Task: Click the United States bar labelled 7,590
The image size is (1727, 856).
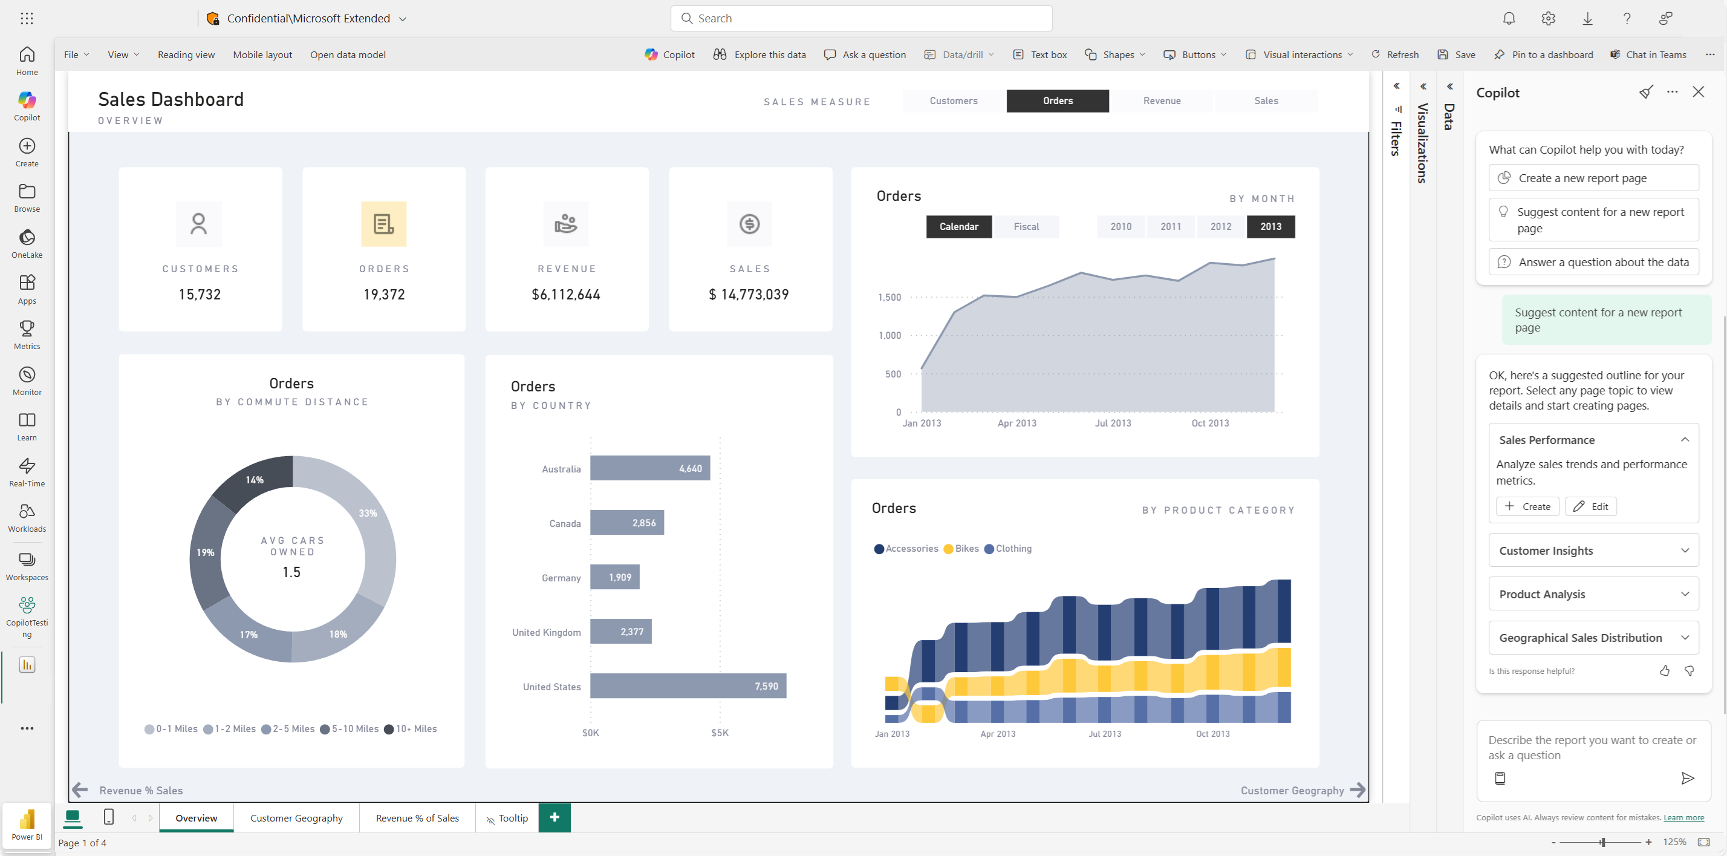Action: coord(688,685)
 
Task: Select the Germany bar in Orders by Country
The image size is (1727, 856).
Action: coord(615,577)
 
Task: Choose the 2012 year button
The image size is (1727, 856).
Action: coord(1220,227)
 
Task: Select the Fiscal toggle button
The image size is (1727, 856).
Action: coord(1026,227)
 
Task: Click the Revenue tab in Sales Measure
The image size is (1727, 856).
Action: coord(1162,100)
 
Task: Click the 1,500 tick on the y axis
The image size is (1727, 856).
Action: coord(890,297)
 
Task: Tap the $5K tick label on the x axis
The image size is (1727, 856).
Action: coord(720,733)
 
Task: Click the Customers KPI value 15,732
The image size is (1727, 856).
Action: coord(200,295)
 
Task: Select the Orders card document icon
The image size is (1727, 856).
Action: coord(383,224)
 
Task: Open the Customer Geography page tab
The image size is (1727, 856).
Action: coord(296,818)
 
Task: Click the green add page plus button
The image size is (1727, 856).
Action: coord(555,818)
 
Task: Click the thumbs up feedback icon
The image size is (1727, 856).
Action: coord(1664,671)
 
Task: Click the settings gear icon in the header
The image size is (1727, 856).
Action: coord(1548,19)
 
